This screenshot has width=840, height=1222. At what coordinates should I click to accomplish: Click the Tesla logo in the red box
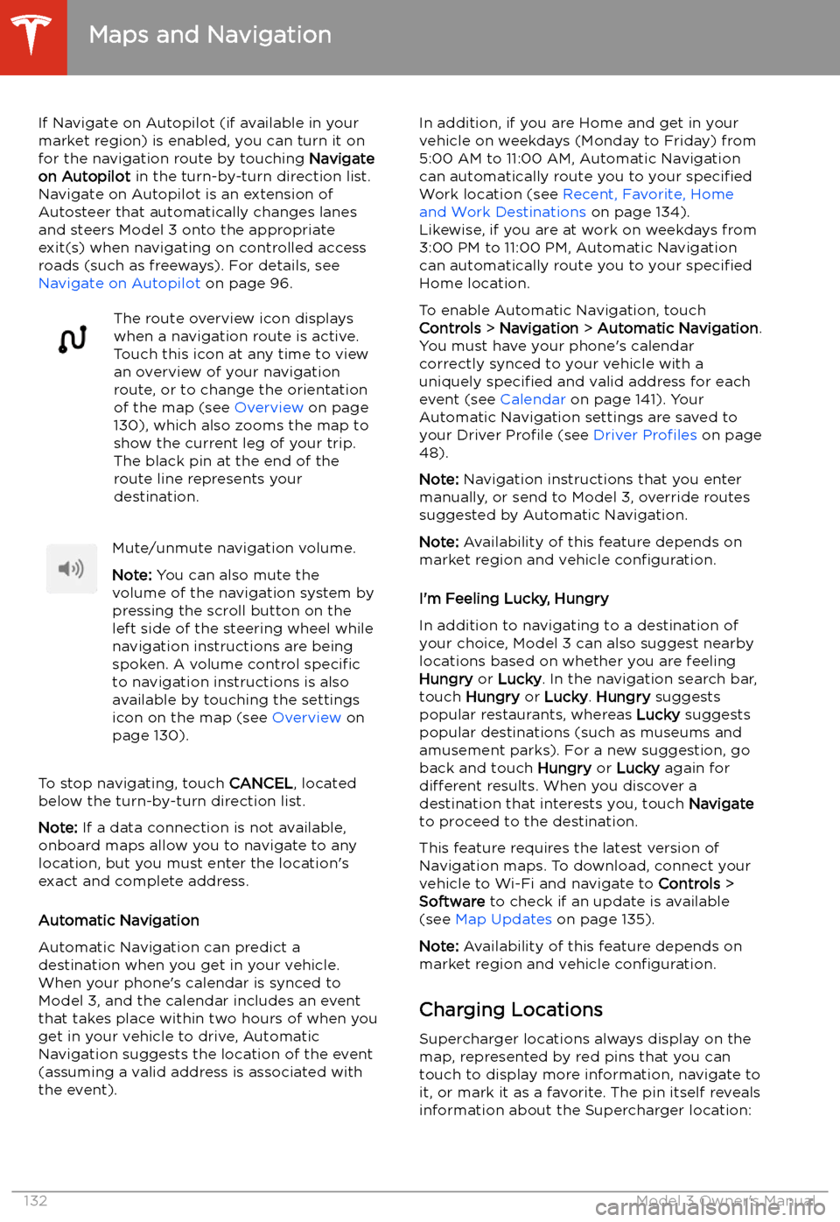coord(32,35)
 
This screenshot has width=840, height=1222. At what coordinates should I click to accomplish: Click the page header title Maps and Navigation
coord(210,35)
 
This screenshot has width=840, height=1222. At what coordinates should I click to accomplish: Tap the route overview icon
coord(73,339)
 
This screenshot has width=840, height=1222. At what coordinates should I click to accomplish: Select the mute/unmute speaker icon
coord(72,569)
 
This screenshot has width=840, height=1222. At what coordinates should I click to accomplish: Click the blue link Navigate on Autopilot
coord(119,284)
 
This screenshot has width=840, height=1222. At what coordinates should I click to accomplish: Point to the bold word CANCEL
coord(261,783)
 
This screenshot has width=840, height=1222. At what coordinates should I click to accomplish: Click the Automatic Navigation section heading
coord(119,921)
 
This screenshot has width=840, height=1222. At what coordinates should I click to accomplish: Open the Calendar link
coord(533,400)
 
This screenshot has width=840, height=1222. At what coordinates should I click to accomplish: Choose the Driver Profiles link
coord(645,435)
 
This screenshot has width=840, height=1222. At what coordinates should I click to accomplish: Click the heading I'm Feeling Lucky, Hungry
coord(514,599)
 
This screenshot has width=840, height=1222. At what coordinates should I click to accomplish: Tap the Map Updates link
coord(503,919)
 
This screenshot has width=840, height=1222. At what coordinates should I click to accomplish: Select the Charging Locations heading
coord(511,1010)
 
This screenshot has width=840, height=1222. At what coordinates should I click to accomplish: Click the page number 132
coord(36,1201)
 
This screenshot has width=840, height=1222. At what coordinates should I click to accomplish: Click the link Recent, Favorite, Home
coord(647,194)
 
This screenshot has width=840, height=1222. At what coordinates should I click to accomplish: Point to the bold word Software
coord(451,902)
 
